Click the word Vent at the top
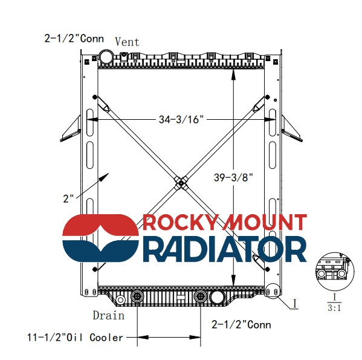(127, 42)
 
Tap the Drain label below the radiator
(109, 315)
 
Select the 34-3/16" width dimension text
(181, 119)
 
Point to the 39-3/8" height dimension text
(233, 177)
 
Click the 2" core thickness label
(68, 198)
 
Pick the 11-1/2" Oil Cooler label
(76, 338)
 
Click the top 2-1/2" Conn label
(74, 38)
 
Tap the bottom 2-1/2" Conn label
(241, 325)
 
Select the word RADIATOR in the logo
(225, 249)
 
